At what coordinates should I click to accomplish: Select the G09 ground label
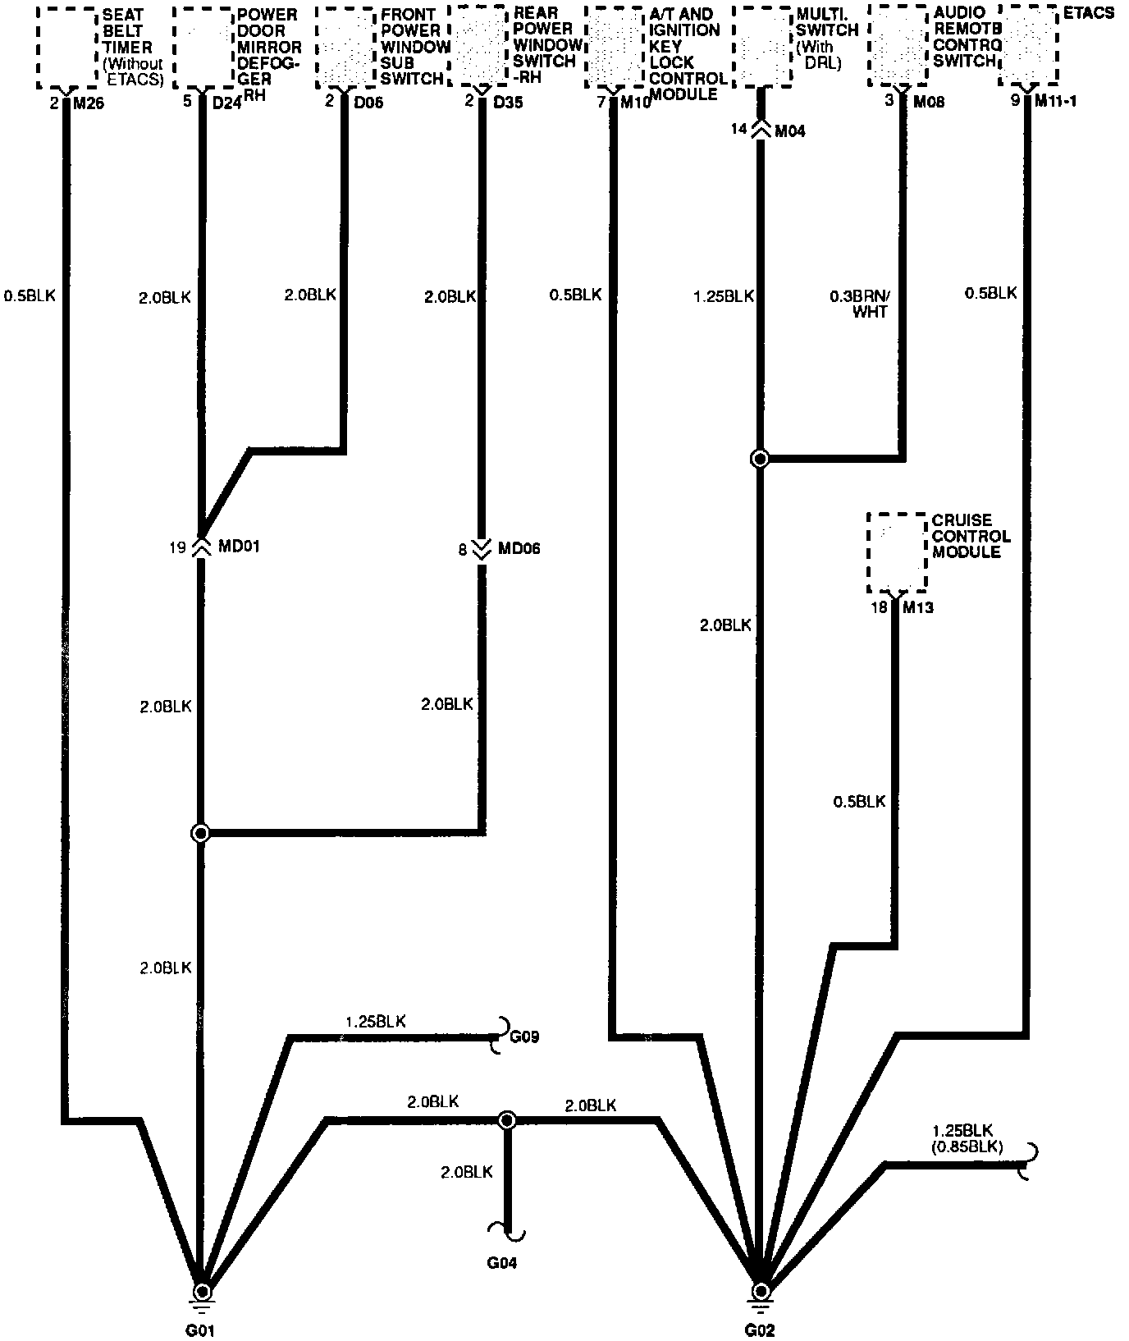[x=524, y=1037]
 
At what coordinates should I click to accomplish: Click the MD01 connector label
[x=239, y=547]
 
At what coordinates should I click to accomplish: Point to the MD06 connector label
[x=519, y=548]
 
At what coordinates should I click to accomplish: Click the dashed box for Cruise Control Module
[x=897, y=552]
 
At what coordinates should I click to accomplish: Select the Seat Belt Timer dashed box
[x=66, y=48]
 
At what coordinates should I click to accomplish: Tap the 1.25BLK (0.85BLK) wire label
[x=967, y=1139]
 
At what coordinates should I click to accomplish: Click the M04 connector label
[x=789, y=130]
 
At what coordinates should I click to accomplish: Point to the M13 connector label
[x=918, y=608]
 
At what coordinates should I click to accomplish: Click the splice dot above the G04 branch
[x=507, y=1119]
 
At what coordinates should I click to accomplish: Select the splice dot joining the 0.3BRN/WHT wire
[x=760, y=459]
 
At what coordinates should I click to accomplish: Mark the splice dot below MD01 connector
[x=200, y=834]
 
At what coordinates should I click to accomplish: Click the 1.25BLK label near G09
[x=375, y=1022]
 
